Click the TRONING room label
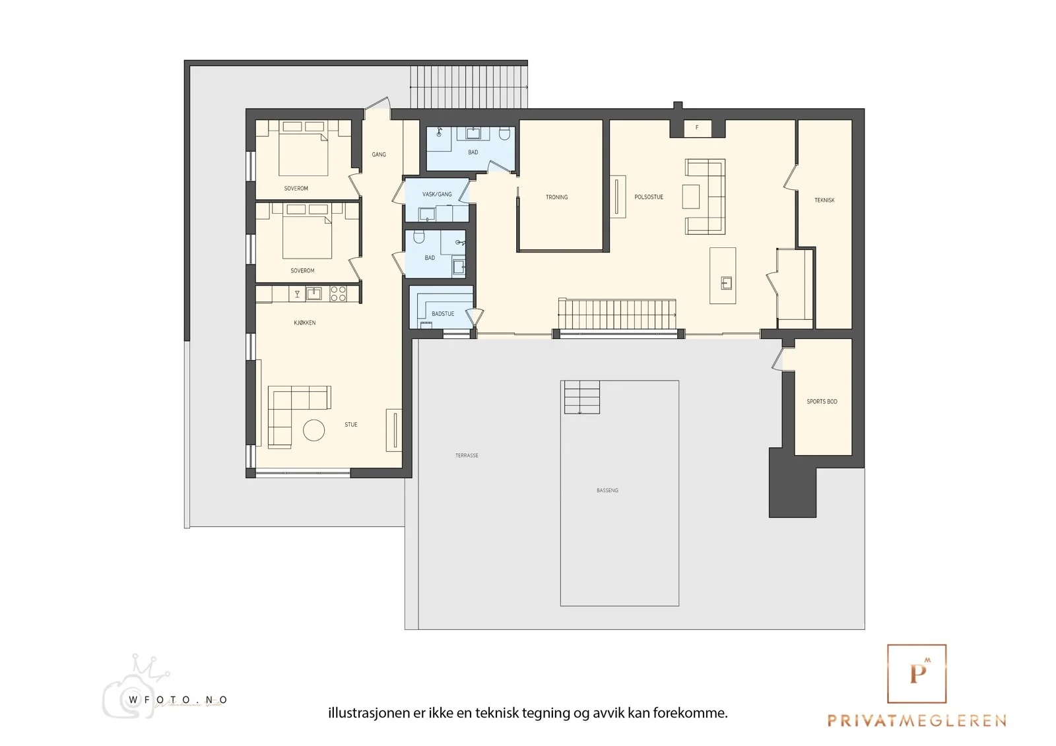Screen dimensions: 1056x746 pos(556,197)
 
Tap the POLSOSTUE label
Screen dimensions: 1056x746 pos(649,197)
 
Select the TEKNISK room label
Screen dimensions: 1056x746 pos(824,201)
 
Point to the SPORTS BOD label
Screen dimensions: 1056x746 pos(822,402)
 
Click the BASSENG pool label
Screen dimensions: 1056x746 pos(607,490)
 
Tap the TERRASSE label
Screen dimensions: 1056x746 pos(467,455)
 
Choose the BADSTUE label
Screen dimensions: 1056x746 pos(443,314)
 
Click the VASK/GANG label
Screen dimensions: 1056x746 pos(437,194)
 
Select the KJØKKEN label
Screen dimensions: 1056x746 pos(304,323)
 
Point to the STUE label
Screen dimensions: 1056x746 pos(350,425)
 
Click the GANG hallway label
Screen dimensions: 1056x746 pos(379,154)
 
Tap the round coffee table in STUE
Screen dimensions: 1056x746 pos(313,430)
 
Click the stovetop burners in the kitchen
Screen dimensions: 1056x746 pos(338,294)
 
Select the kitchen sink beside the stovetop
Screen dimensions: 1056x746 pos(313,294)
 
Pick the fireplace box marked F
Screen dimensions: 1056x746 pos(697,128)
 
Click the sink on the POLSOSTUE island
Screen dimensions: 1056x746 pos(727,283)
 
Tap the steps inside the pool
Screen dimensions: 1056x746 pos(582,397)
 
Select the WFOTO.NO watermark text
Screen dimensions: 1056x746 pos(178,700)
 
